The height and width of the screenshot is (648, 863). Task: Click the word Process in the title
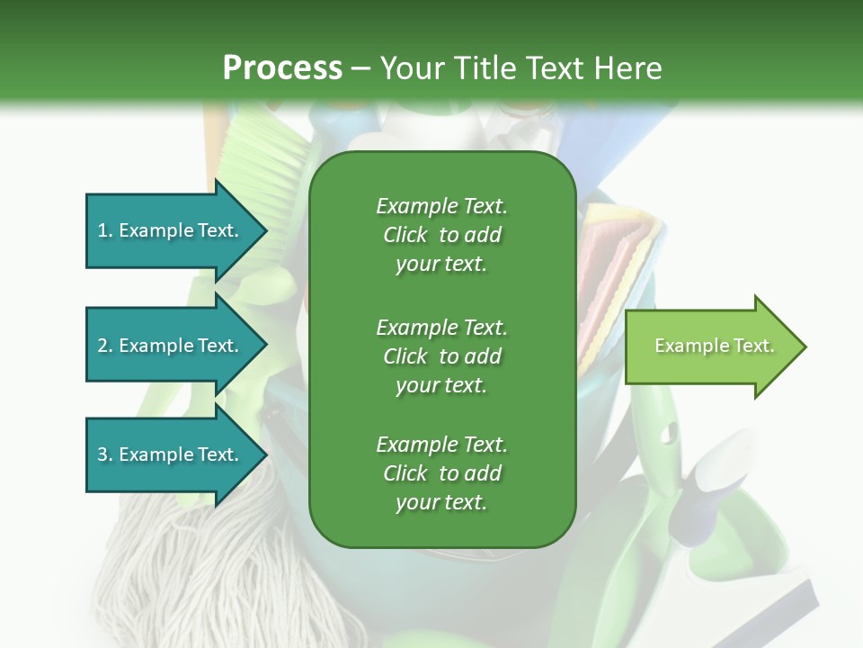click(x=282, y=67)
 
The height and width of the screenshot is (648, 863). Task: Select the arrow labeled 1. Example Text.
click(x=171, y=230)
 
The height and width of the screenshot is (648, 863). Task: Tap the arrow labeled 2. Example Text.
click(x=171, y=346)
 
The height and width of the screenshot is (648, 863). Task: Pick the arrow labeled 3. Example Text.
click(x=171, y=454)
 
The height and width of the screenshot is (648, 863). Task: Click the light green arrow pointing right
click(x=710, y=346)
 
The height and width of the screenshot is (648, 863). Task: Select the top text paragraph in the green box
click(x=441, y=235)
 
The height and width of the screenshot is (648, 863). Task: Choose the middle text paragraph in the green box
click(x=441, y=356)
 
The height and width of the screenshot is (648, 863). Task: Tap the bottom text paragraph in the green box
click(x=441, y=473)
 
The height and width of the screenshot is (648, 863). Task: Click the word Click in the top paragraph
click(x=405, y=235)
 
